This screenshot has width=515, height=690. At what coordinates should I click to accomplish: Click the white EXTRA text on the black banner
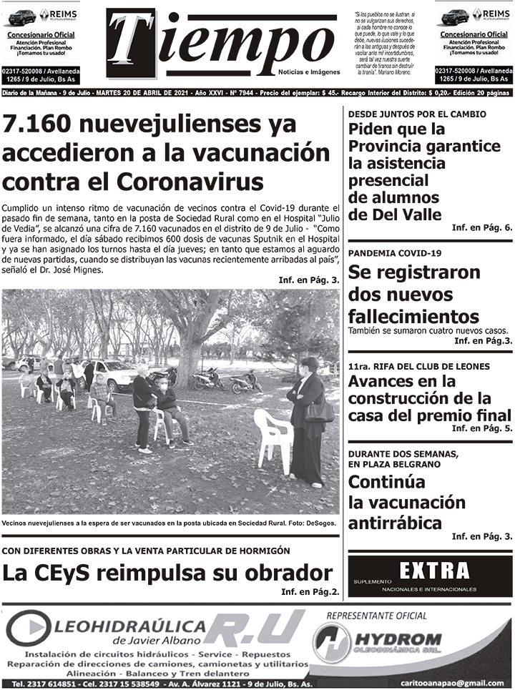(434, 571)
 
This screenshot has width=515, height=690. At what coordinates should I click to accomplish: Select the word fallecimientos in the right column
(413, 316)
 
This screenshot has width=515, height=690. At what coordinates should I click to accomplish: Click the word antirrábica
(396, 522)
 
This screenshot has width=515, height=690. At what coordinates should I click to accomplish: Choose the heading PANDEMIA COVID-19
(395, 253)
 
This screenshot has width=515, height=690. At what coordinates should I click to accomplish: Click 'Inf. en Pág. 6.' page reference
(481, 227)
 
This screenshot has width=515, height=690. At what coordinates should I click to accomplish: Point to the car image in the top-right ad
(454, 16)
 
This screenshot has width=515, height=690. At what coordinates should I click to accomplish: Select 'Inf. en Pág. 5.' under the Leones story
(481, 428)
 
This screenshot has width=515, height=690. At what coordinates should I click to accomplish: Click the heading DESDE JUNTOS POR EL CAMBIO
(417, 114)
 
